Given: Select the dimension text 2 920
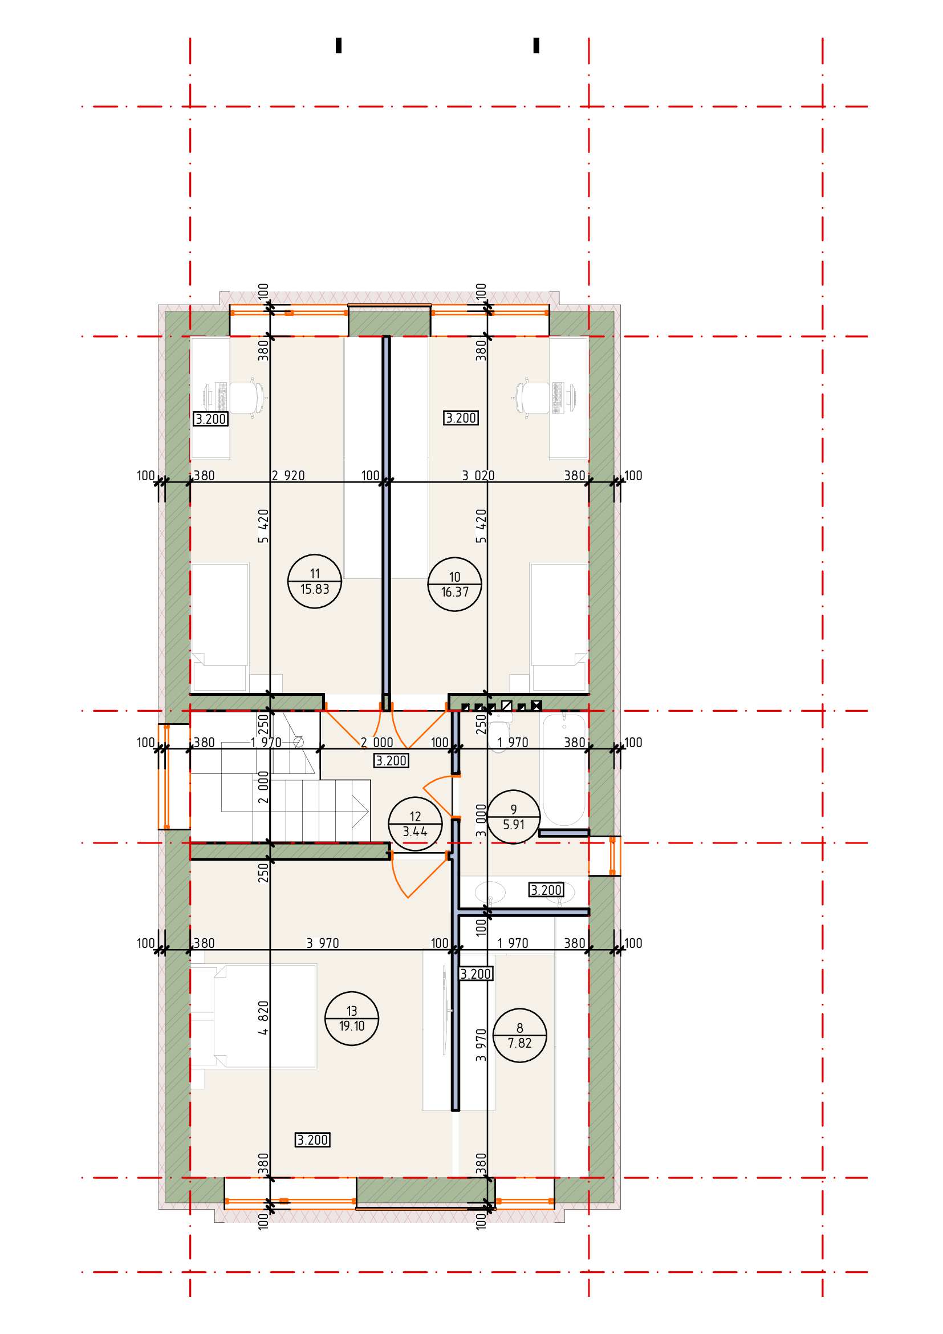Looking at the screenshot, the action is click(288, 476).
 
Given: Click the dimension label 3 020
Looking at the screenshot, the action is click(478, 476).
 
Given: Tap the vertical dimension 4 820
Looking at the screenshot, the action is click(263, 1018).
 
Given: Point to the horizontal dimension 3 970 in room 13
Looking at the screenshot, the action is click(322, 943).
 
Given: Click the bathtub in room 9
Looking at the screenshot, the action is click(564, 770).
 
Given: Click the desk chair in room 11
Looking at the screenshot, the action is click(250, 398).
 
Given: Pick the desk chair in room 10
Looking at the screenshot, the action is click(530, 398).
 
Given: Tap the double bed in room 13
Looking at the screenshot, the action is click(254, 1016).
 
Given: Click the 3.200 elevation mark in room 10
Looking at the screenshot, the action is click(461, 417).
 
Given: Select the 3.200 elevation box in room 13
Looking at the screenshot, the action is click(312, 1140).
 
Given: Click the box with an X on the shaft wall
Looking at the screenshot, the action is click(536, 706).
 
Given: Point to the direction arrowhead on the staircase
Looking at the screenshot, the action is click(360, 810).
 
